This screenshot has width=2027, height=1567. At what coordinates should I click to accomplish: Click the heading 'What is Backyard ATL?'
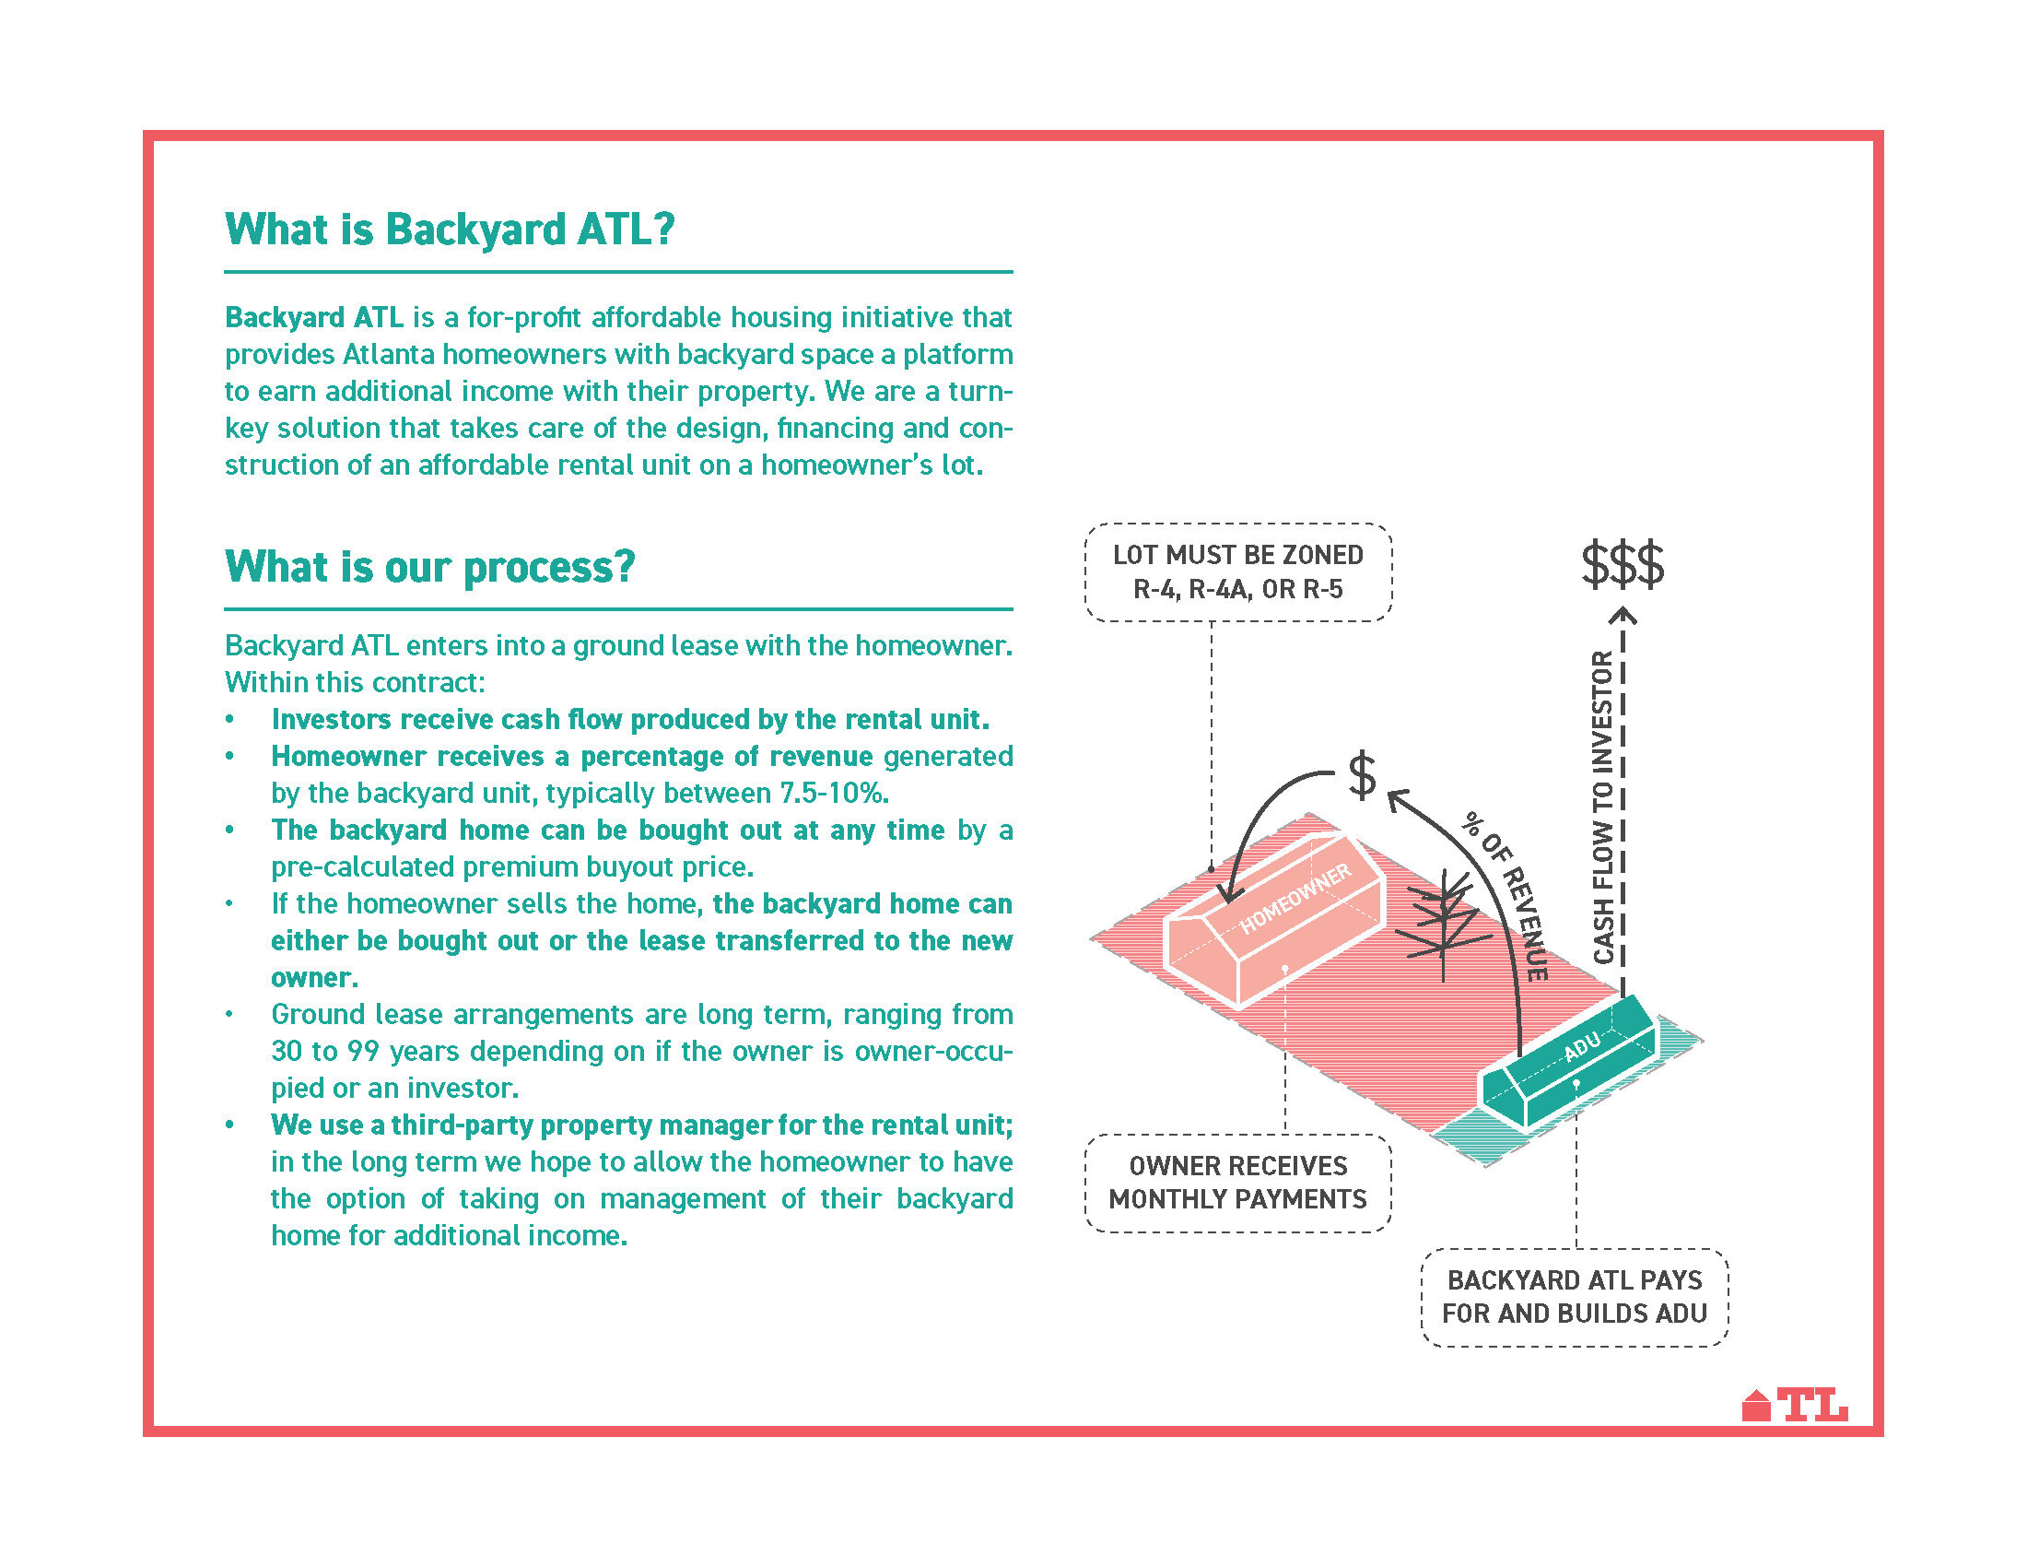coord(450,230)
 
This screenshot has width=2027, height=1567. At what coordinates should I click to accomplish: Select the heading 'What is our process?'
coord(429,566)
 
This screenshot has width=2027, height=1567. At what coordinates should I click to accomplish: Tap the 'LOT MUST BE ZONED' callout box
coord(1237,571)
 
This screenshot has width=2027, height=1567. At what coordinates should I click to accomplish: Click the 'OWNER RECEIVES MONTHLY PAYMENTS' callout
coord(1237,1183)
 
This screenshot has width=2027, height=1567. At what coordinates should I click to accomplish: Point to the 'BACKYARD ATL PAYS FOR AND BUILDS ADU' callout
coord(1574,1297)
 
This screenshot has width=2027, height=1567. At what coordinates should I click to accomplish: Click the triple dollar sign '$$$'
coord(1623,564)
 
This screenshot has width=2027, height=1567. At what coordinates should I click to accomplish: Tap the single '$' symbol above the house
coord(1362,776)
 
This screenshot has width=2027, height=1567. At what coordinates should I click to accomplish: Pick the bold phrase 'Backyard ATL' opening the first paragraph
coord(313,317)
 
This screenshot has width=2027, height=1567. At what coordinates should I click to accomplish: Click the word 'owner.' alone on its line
coord(313,977)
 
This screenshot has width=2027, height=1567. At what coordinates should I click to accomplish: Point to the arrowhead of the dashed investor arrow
coord(1623,615)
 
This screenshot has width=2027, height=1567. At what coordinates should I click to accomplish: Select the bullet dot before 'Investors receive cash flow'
coord(229,721)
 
